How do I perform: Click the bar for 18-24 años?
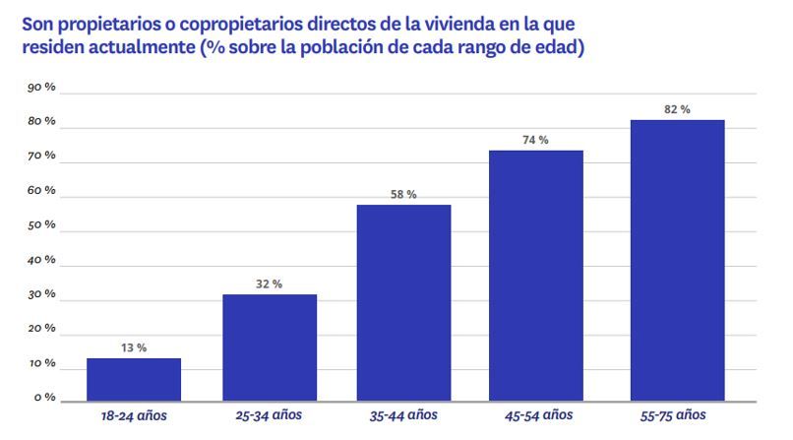click(x=134, y=380)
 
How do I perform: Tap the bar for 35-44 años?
click(x=404, y=303)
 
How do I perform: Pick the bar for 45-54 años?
click(x=536, y=277)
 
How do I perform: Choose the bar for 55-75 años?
click(x=677, y=262)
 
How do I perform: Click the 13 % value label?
click(x=134, y=347)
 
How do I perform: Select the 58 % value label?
click(x=403, y=194)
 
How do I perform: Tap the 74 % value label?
click(x=536, y=140)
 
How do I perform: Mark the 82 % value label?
click(x=677, y=109)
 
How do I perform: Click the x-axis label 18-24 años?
click(x=134, y=417)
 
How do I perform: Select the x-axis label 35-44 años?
click(x=404, y=417)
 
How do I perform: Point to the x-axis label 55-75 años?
click(x=677, y=417)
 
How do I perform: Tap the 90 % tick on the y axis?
click(x=41, y=88)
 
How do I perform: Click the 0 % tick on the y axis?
click(x=44, y=398)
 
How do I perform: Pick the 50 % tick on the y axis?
click(x=41, y=225)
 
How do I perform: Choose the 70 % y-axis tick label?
click(x=41, y=157)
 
